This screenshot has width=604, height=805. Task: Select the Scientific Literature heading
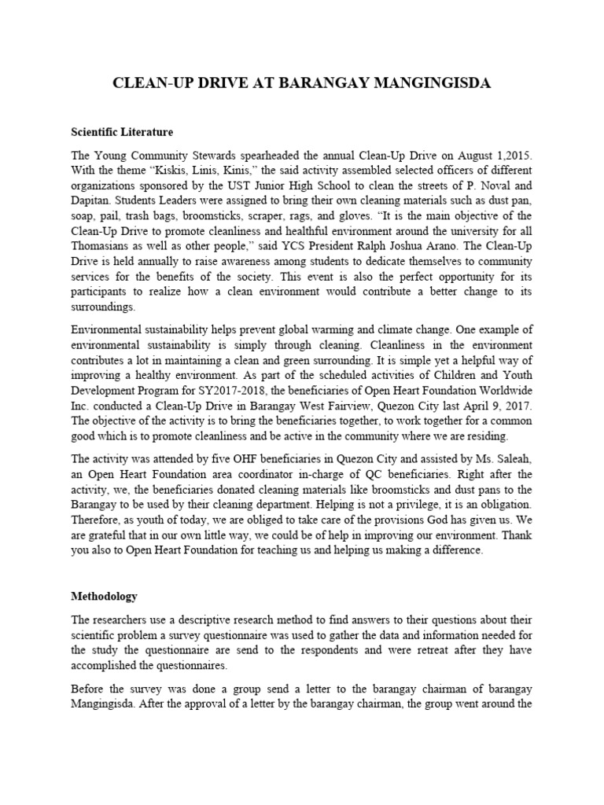122,131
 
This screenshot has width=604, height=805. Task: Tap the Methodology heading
105,597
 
